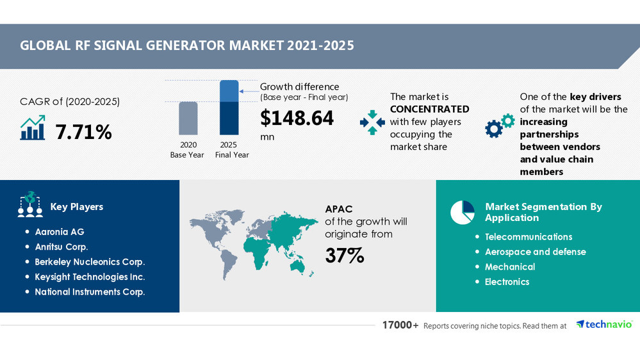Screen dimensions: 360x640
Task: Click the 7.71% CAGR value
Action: (84, 132)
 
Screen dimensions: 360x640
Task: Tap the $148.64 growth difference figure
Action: (297, 119)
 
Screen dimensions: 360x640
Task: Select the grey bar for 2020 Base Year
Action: (187, 118)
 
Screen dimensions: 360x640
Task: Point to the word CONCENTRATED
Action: (429, 109)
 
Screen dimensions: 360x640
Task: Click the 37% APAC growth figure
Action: (344, 256)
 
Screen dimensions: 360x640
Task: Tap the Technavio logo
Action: (604, 325)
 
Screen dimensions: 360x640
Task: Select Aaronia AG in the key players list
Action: (60, 232)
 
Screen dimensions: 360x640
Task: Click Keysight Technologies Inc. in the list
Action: (90, 277)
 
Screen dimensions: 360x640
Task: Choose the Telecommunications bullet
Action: (529, 237)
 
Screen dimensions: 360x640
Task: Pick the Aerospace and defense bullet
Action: (535, 252)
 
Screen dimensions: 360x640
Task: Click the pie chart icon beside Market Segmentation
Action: (462, 213)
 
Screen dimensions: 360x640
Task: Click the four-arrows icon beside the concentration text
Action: (372, 122)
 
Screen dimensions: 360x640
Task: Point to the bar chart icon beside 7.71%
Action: (33, 128)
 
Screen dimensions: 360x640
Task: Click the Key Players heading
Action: (76, 207)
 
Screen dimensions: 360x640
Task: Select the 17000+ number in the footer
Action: (400, 325)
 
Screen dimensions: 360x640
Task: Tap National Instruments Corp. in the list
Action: (90, 292)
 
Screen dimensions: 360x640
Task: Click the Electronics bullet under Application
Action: (507, 282)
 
